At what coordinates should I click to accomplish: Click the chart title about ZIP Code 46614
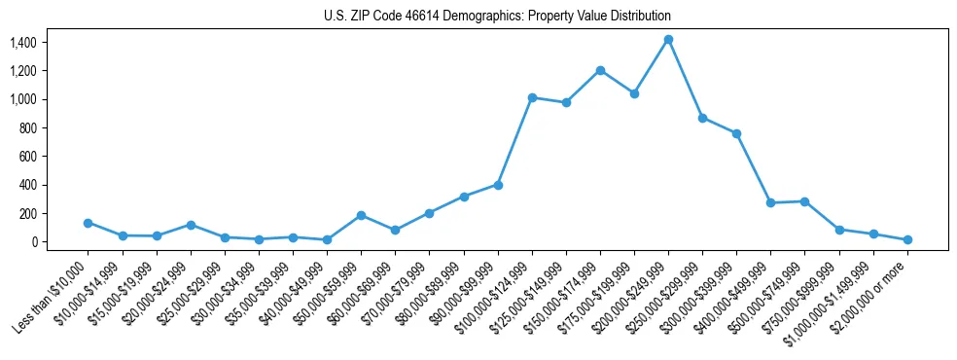pyautogui.click(x=497, y=17)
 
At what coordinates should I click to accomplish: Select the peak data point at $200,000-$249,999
pyautogui.click(x=668, y=40)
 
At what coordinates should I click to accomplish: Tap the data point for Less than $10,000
pyautogui.click(x=89, y=223)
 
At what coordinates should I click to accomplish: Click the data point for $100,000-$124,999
pyautogui.click(x=532, y=97)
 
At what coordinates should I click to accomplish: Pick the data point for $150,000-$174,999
pyautogui.click(x=600, y=70)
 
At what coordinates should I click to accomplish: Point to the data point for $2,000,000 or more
pyautogui.click(x=907, y=239)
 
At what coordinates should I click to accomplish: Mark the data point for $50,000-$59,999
pyautogui.click(x=361, y=215)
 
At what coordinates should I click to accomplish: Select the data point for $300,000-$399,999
pyautogui.click(x=736, y=133)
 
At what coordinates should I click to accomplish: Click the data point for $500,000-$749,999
pyautogui.click(x=804, y=201)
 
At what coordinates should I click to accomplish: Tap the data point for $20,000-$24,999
pyautogui.click(x=191, y=225)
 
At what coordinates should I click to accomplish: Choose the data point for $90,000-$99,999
pyautogui.click(x=498, y=184)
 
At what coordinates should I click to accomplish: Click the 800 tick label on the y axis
pyautogui.click(x=26, y=127)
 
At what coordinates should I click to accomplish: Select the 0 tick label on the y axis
pyautogui.click(x=32, y=241)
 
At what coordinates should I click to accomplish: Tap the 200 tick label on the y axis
pyautogui.click(x=26, y=213)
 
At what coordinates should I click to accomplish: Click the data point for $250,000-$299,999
pyautogui.click(x=702, y=118)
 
